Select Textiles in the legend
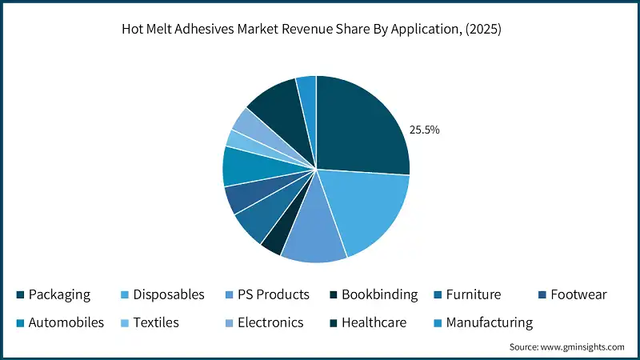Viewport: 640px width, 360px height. coord(155,323)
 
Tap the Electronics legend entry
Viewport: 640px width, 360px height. coord(269,323)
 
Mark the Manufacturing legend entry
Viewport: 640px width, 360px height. coord(489,323)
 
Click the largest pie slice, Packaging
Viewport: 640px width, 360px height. coord(360,128)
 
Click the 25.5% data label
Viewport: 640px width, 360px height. coord(424,129)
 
